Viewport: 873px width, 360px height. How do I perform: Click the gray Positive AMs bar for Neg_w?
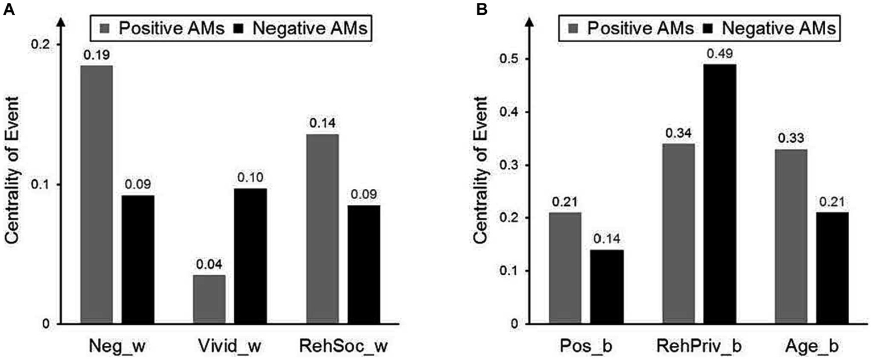click(97, 195)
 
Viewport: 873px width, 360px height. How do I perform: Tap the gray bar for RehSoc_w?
click(322, 229)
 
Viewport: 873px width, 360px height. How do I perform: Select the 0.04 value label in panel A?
click(209, 265)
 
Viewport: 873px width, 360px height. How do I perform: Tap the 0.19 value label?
click(97, 55)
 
